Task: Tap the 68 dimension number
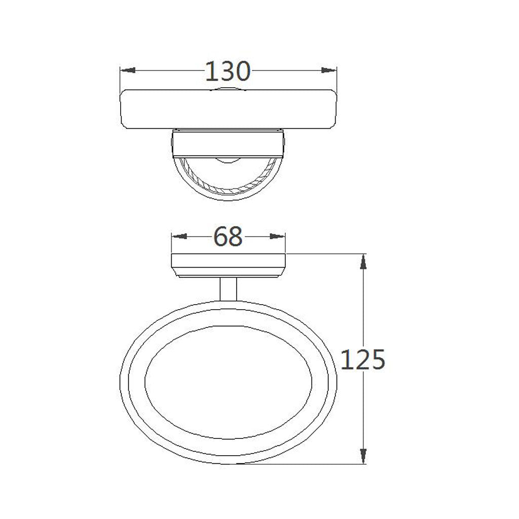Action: (x=228, y=237)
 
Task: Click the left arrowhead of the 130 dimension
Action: (x=127, y=70)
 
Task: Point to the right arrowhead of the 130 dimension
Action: (x=329, y=70)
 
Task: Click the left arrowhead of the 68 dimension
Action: (x=179, y=236)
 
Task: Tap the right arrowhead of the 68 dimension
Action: (x=278, y=236)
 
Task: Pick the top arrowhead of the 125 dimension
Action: (x=363, y=262)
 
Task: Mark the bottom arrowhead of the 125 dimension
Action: (x=363, y=456)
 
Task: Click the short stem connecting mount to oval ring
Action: (x=229, y=289)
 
